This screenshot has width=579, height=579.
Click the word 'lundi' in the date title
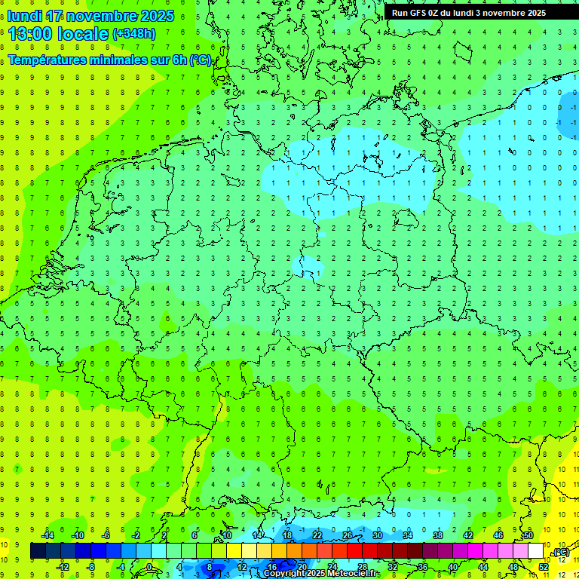[24, 16]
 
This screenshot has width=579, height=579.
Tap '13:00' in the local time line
[30, 34]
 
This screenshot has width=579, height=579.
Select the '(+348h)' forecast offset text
[133, 34]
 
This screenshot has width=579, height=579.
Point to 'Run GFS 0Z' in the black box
[418, 12]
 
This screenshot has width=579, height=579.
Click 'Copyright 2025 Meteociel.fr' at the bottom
[321, 574]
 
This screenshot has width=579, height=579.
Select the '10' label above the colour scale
[226, 535]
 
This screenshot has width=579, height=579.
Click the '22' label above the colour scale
[317, 535]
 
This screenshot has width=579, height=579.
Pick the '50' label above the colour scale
[528, 535]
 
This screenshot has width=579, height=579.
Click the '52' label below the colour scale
[544, 566]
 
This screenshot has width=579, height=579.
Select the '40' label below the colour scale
[453, 566]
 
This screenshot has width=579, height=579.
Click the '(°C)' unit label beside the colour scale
[560, 552]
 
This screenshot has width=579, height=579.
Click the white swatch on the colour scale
[535, 551]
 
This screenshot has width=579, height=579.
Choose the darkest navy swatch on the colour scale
[38, 551]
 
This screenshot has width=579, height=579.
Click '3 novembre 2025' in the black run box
[513, 12]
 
